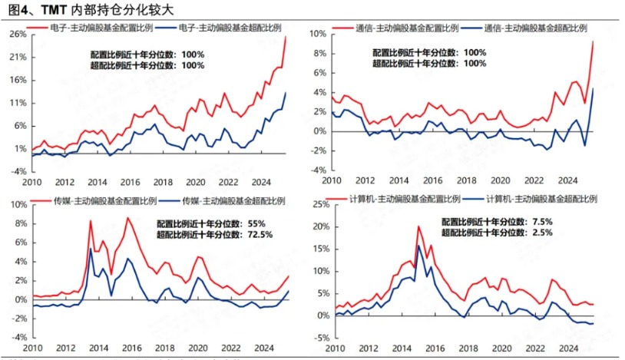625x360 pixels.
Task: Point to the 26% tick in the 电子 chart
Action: [x=17, y=34]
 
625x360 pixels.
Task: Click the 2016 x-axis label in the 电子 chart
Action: [x=131, y=182]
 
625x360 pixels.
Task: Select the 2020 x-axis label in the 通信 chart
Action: [x=500, y=180]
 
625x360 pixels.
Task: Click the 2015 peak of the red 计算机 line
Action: [x=418, y=226]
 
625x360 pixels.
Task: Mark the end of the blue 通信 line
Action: [x=593, y=88]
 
